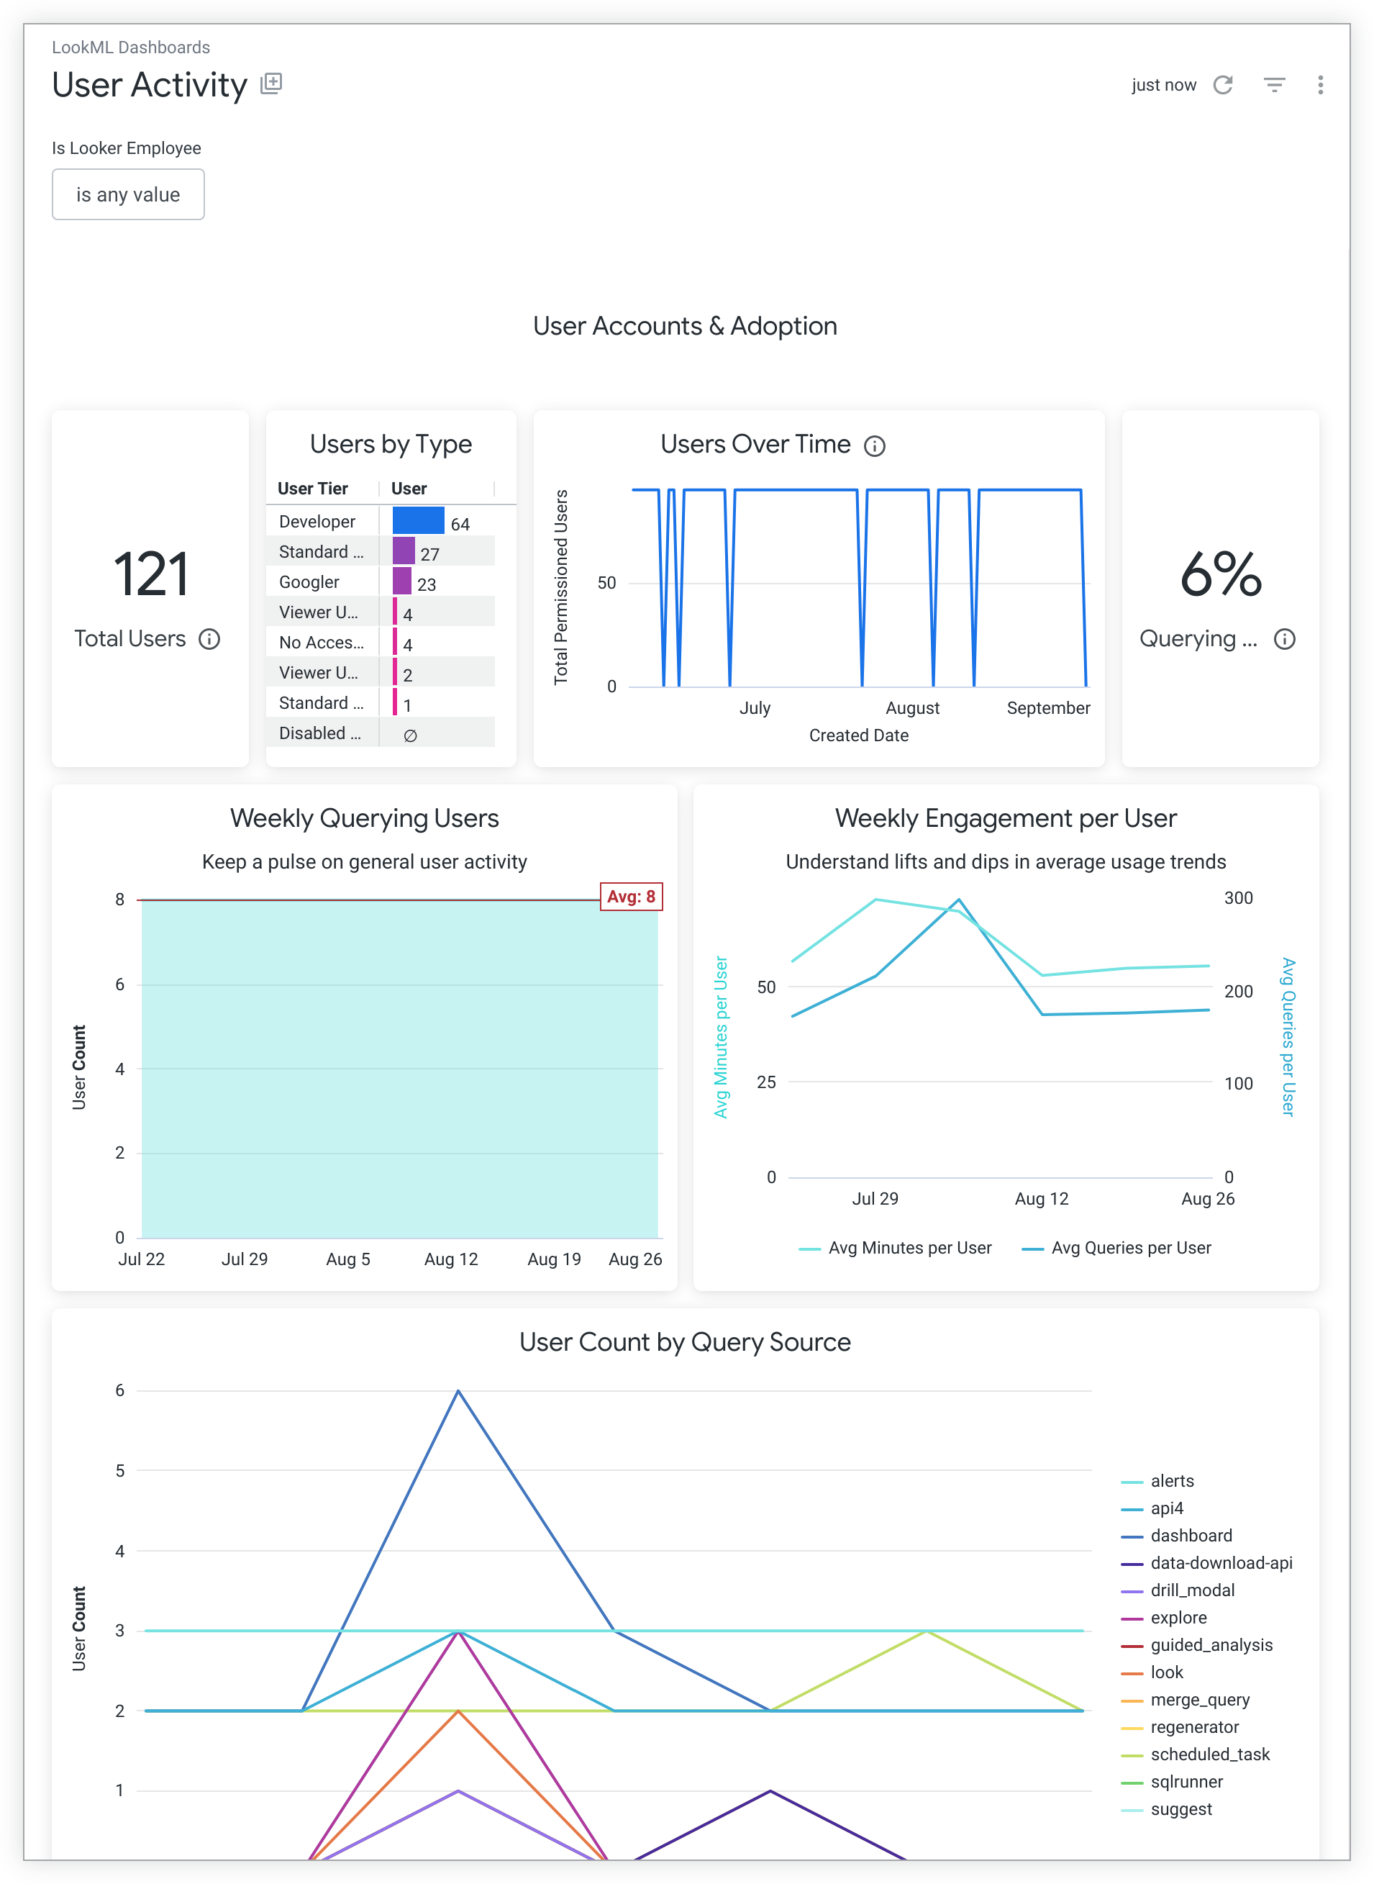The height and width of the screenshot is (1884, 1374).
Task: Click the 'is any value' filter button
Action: tap(128, 194)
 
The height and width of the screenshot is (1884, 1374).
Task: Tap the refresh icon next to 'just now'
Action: tap(1223, 85)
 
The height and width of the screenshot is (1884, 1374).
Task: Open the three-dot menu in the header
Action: tap(1320, 85)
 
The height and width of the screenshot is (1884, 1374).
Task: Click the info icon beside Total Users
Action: tap(209, 639)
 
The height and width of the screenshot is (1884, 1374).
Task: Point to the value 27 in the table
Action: tap(429, 554)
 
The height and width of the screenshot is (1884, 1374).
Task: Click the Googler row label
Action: tap(309, 582)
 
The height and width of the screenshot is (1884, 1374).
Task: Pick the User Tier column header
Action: tap(313, 488)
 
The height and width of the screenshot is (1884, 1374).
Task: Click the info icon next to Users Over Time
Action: tap(874, 447)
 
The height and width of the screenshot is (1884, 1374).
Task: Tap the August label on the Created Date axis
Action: tap(912, 708)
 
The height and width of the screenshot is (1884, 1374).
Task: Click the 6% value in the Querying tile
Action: tap(1220, 574)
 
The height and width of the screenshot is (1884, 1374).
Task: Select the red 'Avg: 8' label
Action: tap(632, 897)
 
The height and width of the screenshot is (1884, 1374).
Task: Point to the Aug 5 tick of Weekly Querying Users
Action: tap(347, 1259)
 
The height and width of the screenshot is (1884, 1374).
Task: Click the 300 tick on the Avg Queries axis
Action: tap(1237, 898)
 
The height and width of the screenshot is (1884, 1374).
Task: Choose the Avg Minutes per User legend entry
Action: tap(909, 1248)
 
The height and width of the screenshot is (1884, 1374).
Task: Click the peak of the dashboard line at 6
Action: tap(458, 1391)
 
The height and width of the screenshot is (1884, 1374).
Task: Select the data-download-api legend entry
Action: tap(1220, 1563)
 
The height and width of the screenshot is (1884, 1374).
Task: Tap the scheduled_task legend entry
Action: tap(1209, 1754)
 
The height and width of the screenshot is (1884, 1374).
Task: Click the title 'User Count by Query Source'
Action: tap(685, 1341)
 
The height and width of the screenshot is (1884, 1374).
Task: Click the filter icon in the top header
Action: tap(1274, 85)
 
